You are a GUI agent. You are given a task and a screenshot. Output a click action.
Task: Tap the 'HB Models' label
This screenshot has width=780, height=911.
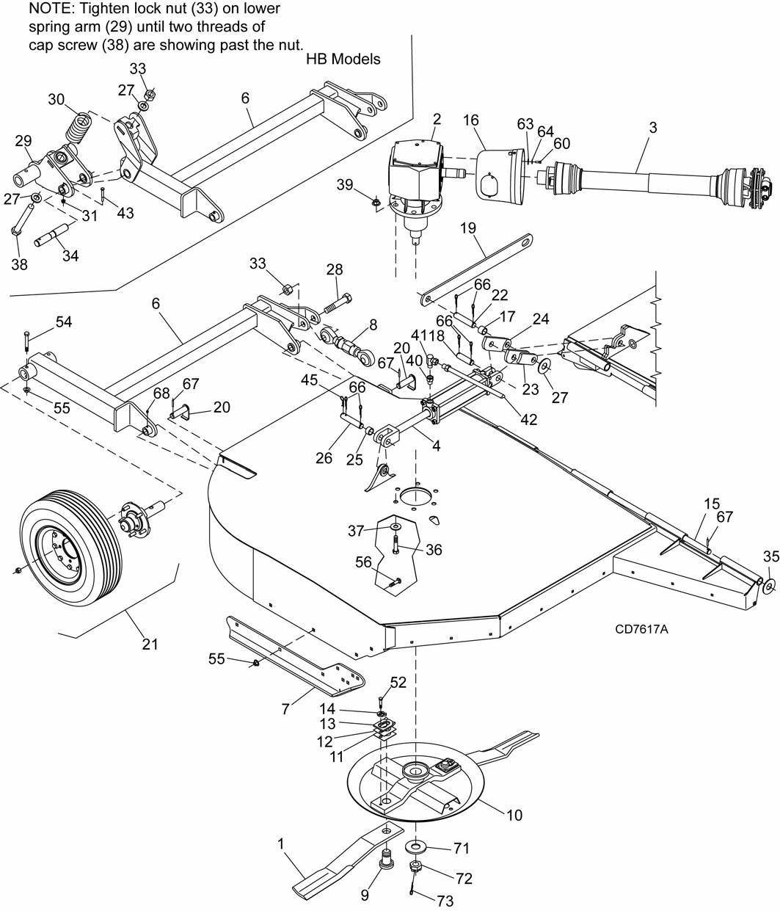coord(343,59)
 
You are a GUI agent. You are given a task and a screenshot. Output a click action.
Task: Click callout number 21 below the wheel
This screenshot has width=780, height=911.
coord(150,644)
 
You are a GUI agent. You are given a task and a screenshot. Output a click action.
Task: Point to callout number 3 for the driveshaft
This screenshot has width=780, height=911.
coord(652,128)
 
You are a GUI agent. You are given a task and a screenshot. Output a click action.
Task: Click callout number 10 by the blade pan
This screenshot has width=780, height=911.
coord(514,815)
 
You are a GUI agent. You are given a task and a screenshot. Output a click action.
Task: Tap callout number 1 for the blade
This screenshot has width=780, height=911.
coord(280,843)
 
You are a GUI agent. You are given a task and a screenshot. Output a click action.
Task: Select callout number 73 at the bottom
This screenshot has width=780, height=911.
coord(444,901)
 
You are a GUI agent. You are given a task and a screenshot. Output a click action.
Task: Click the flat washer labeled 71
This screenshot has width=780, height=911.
coord(417,849)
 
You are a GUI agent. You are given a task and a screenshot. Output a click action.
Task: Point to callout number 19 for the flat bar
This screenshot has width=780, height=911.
coord(467,228)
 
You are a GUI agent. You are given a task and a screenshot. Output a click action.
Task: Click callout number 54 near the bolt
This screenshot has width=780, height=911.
coord(64,322)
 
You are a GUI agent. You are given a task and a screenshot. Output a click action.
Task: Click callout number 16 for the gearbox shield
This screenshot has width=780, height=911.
coord(470,120)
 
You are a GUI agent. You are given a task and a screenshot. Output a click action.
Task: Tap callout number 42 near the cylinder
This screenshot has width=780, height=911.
coord(528,419)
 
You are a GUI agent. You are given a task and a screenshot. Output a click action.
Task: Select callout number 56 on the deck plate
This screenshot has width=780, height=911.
coord(364,562)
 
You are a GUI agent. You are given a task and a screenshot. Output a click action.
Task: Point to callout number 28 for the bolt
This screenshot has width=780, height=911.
coord(334,269)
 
